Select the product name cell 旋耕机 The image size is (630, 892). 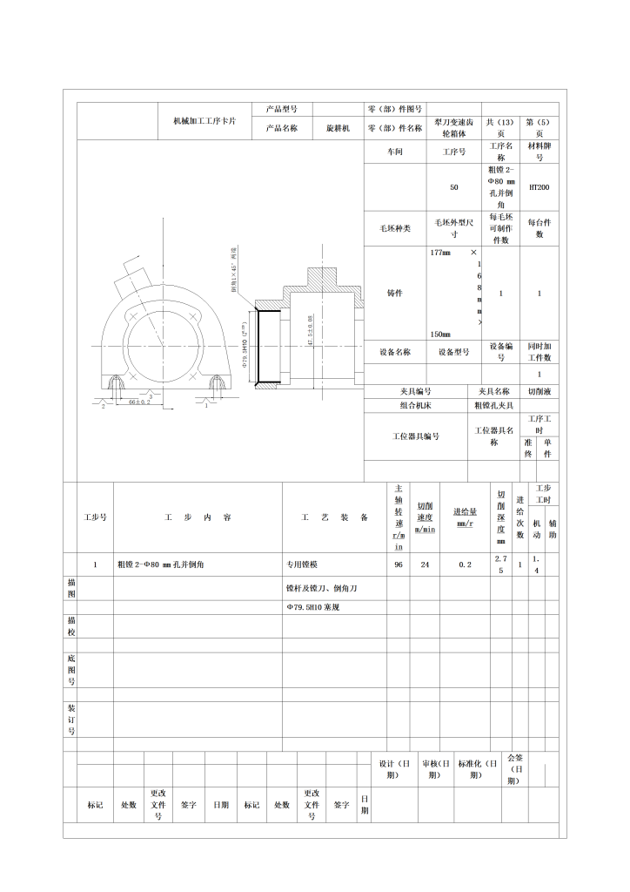[x=338, y=128]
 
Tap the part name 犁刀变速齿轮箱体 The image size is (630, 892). [x=453, y=128]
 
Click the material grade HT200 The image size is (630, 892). [x=539, y=187]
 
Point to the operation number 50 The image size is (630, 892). [x=453, y=187]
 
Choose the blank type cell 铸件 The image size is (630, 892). [x=394, y=294]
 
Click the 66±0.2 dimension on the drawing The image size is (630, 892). [x=139, y=401]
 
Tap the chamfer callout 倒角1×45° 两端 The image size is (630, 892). [x=232, y=270]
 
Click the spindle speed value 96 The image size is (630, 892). [x=399, y=564]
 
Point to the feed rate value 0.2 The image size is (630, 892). [x=465, y=564]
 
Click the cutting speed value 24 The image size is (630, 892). [x=425, y=564]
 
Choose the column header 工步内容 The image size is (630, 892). [x=198, y=517]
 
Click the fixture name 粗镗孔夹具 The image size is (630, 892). [x=494, y=405]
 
